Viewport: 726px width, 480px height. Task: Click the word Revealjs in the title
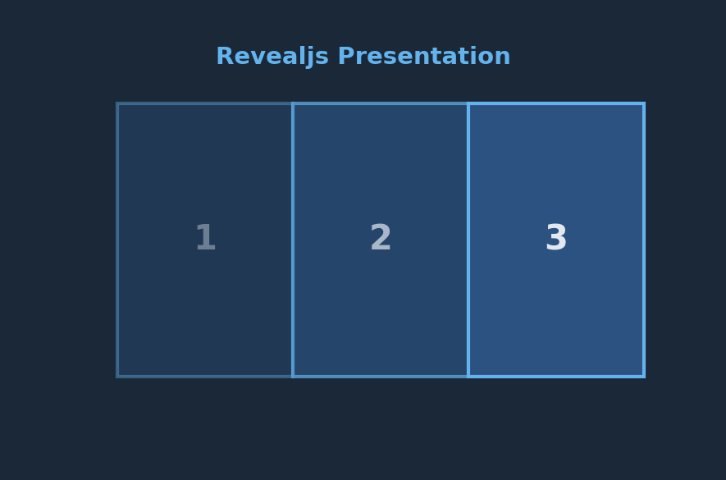click(272, 57)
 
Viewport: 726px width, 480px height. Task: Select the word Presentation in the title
click(424, 56)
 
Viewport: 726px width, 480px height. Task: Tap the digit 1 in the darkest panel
click(206, 237)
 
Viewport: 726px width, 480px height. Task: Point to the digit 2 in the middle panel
click(381, 237)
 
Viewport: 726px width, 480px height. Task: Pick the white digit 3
click(556, 237)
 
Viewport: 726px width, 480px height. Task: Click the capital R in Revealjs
click(225, 56)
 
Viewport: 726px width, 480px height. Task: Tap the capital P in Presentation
click(347, 56)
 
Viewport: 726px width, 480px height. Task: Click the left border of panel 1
click(117, 240)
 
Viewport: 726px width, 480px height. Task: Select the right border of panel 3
click(644, 240)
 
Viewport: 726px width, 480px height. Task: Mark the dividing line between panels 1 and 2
click(293, 240)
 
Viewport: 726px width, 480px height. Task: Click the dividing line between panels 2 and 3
click(468, 240)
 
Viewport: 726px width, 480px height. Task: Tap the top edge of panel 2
click(381, 103)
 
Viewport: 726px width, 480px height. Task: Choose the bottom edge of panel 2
click(381, 377)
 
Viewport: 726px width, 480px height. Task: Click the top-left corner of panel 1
click(116, 103)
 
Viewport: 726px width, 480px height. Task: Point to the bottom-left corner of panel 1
click(116, 377)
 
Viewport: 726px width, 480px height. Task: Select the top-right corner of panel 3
click(645, 103)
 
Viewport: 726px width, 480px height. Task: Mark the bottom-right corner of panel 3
click(645, 377)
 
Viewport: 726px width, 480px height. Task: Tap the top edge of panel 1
click(205, 103)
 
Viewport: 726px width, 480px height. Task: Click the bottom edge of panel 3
click(556, 377)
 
